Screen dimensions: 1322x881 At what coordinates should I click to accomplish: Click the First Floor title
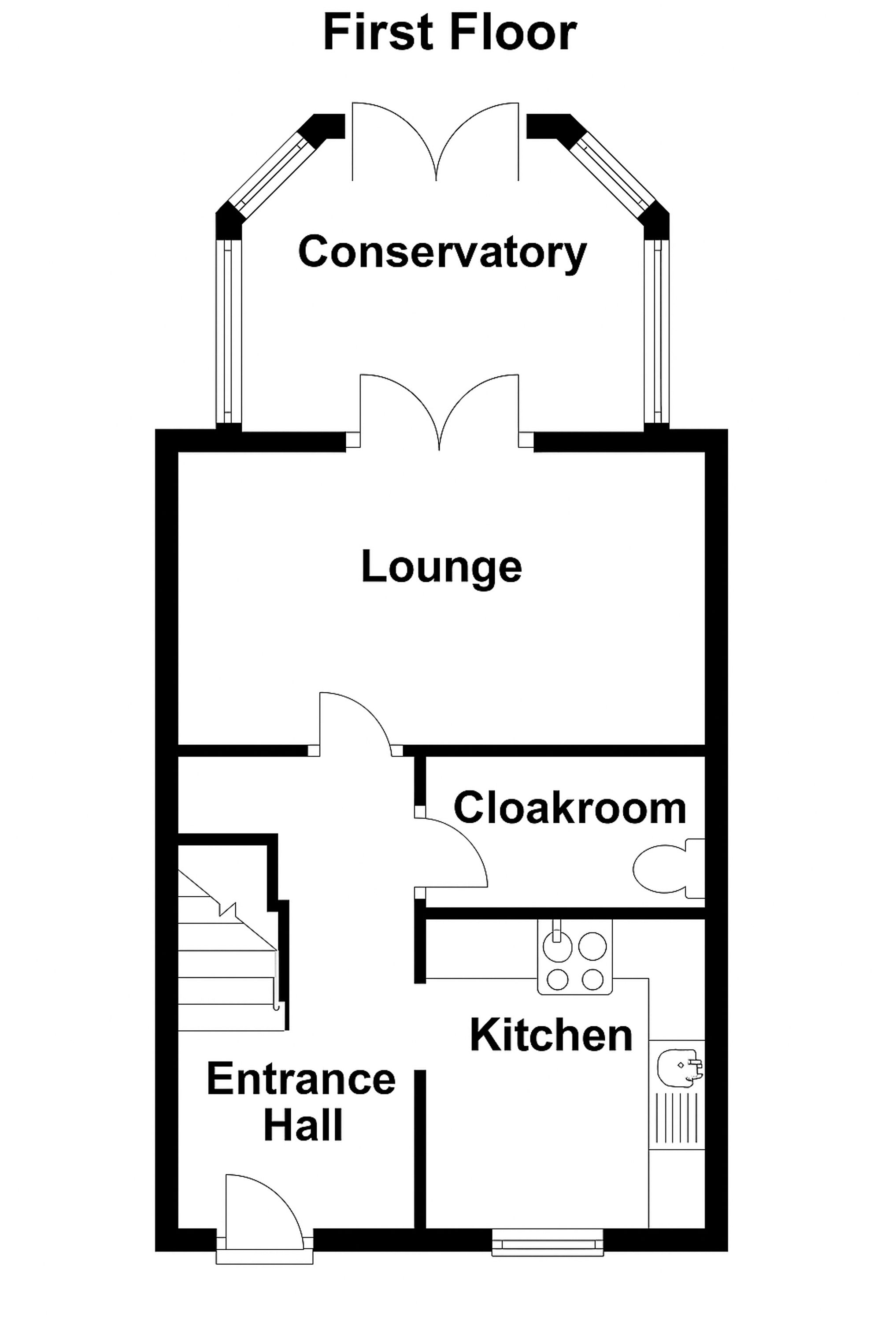coord(449,34)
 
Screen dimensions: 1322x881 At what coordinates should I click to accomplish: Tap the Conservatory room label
coord(442,253)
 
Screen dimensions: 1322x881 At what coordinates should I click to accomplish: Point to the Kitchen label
coord(551,1035)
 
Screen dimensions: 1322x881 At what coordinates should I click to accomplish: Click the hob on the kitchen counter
coord(574,962)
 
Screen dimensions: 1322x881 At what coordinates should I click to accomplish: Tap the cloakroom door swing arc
coord(452,851)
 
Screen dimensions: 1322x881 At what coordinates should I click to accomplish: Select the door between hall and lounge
coord(354,722)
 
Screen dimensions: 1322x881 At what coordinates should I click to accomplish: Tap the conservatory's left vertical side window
coord(228,332)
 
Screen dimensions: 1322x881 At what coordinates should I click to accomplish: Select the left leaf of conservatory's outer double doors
coord(393,141)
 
